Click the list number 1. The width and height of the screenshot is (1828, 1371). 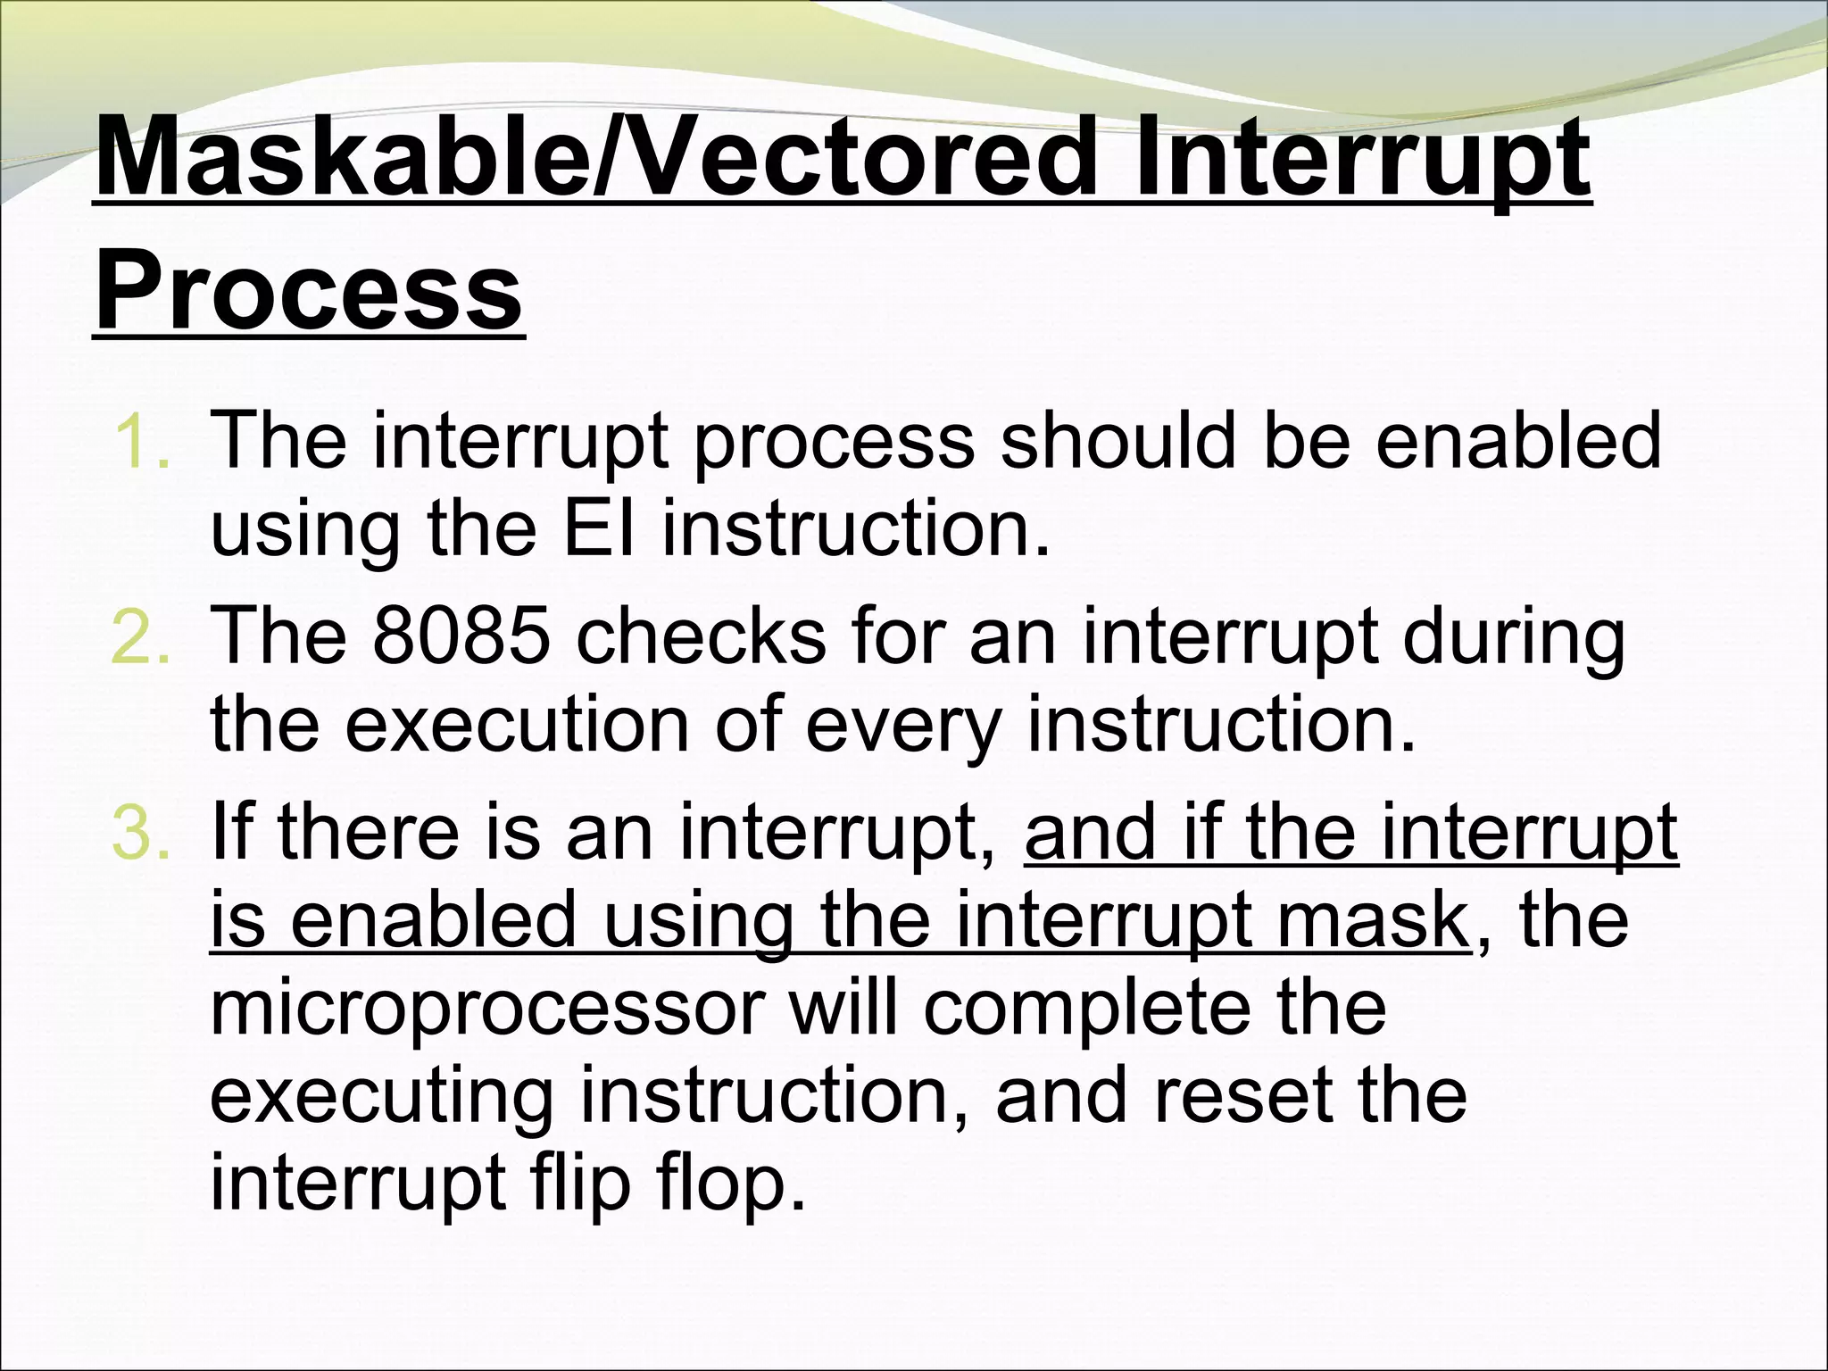(x=141, y=441)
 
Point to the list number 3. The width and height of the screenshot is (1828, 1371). (x=141, y=832)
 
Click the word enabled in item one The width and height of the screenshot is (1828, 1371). (x=1518, y=441)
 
